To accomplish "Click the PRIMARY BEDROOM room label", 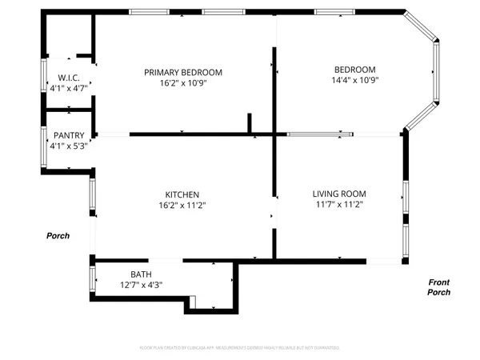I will tap(183, 72).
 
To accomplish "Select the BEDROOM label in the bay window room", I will tap(354, 70).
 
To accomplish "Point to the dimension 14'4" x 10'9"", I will tap(354, 80).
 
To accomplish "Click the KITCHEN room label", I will tap(182, 194).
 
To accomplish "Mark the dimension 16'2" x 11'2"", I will tap(182, 205).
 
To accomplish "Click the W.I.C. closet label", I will tap(66, 78).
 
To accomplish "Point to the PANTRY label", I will tap(68, 136).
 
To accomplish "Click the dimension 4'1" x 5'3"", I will tap(68, 146).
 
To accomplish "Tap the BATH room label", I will tap(141, 274).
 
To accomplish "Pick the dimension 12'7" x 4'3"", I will tap(141, 284).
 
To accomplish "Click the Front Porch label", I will tap(439, 287).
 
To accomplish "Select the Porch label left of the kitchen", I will tap(58, 236).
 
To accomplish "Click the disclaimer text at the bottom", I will tap(240, 348).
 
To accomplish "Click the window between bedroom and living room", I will tap(320, 134).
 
